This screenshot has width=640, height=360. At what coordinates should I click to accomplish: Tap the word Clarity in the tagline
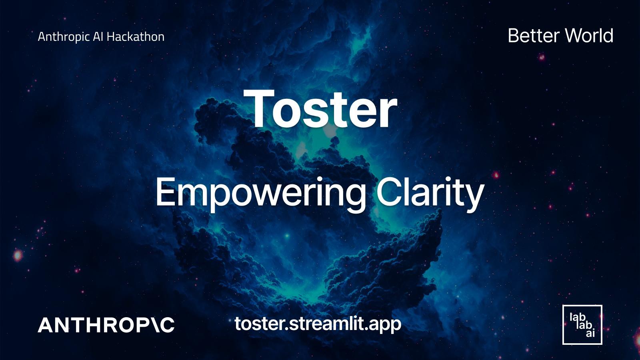click(430, 193)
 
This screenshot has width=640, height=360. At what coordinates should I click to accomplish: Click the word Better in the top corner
click(533, 36)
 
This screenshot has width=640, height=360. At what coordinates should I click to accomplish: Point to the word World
click(589, 36)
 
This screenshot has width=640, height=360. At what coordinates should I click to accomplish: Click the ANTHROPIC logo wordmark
click(106, 325)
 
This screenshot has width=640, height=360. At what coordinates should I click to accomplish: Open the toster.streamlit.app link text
click(318, 324)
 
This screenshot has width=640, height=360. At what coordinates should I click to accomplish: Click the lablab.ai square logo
click(582, 324)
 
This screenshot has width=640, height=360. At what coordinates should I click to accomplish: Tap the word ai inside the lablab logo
click(590, 333)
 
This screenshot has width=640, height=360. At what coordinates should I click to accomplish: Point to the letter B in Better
click(514, 36)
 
